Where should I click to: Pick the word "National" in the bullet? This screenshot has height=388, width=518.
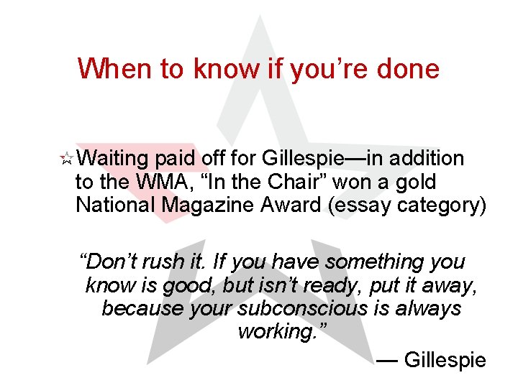pyautogui.click(x=115, y=205)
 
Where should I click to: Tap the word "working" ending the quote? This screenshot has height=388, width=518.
pyautogui.click(x=280, y=332)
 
